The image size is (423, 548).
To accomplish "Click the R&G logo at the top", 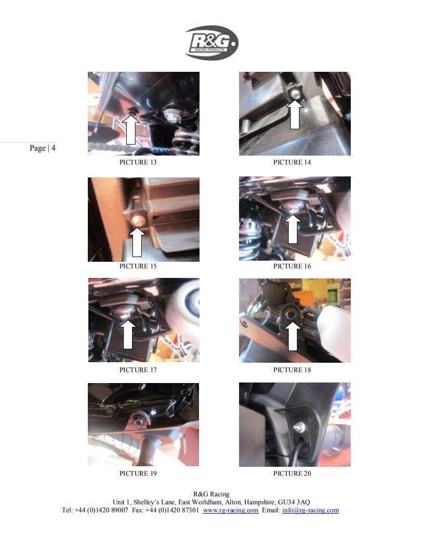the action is click(212, 43).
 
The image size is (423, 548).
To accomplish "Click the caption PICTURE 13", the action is click(138, 162).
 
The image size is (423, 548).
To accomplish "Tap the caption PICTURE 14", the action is click(292, 162).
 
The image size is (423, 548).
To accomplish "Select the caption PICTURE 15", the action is click(138, 266).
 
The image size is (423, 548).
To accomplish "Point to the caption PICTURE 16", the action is click(292, 266).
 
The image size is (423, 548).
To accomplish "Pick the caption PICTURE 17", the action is click(138, 370).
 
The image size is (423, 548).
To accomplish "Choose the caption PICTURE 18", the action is click(292, 370).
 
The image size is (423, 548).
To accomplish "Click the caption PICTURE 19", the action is click(138, 474).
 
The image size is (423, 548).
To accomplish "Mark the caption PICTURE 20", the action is click(292, 474).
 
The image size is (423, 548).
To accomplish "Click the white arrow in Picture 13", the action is click(131, 130).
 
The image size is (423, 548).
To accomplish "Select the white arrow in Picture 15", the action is click(137, 243).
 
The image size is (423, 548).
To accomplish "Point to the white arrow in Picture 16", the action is click(293, 229).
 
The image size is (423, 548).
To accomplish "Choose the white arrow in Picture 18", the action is click(293, 336).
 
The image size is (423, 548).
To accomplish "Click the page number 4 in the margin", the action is click(54, 148).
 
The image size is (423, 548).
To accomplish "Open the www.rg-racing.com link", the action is click(231, 510).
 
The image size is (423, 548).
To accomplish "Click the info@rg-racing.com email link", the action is click(310, 510).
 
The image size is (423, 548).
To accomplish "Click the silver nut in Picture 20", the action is click(299, 427).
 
